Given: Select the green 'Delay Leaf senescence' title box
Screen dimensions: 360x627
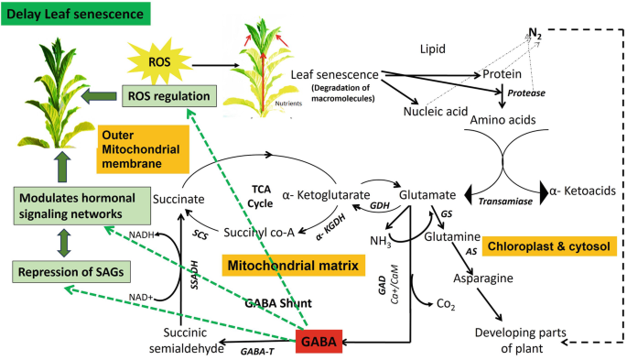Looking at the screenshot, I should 67,14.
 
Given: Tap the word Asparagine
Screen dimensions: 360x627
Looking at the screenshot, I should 485,276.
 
